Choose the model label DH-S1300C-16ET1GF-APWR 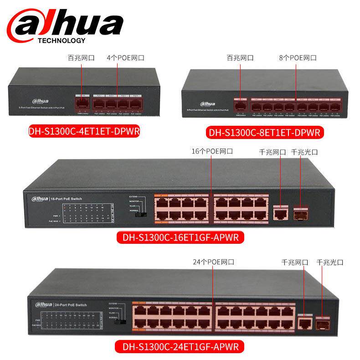click(x=180, y=237)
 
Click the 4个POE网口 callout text click(x=125, y=58)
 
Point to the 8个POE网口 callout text click(x=298, y=58)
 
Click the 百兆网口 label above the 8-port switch click(x=240, y=58)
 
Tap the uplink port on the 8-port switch click(x=240, y=105)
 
